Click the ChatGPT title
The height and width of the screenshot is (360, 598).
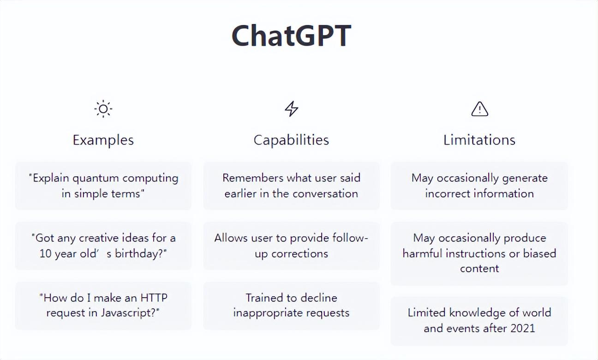pos(291,36)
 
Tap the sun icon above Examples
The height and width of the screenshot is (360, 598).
pos(103,109)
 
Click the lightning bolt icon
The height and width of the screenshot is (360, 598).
pos(291,109)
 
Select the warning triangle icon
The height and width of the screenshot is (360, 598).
pos(480,109)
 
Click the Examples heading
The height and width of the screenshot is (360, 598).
pos(103,140)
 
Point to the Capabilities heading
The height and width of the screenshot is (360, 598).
pos(291,140)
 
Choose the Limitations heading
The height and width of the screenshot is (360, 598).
pos(479,140)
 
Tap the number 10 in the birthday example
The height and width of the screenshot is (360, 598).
pos(45,254)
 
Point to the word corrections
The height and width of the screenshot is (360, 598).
pos(299,254)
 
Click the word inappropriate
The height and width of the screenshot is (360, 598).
pos(268,313)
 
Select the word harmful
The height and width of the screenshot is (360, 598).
pos(422,253)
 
